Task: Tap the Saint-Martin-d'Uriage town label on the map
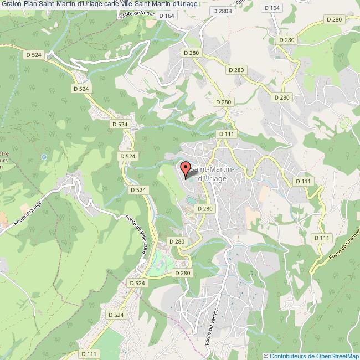[215, 173]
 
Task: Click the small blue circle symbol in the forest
[44, 157]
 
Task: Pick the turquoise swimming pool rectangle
[191, 199]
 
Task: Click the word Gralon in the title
[11, 4]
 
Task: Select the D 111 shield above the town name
[227, 134]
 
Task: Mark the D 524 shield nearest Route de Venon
[34, 54]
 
